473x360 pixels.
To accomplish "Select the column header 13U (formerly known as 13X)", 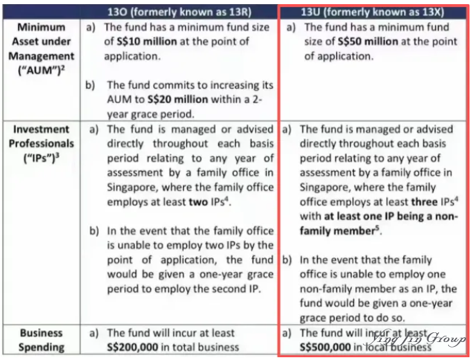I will coord(373,12).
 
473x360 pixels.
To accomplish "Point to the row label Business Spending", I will coord(42,340).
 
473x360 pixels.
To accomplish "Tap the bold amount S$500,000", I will coord(331,347).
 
